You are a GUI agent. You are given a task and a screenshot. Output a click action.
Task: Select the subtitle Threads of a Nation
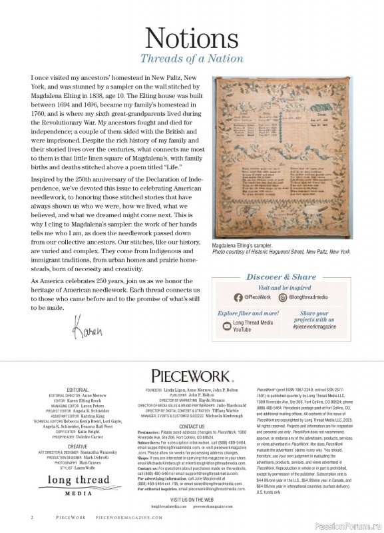click(192, 59)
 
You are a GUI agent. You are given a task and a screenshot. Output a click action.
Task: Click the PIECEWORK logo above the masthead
click(192, 376)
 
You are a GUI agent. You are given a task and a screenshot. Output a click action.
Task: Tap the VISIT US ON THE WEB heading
click(192, 517)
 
